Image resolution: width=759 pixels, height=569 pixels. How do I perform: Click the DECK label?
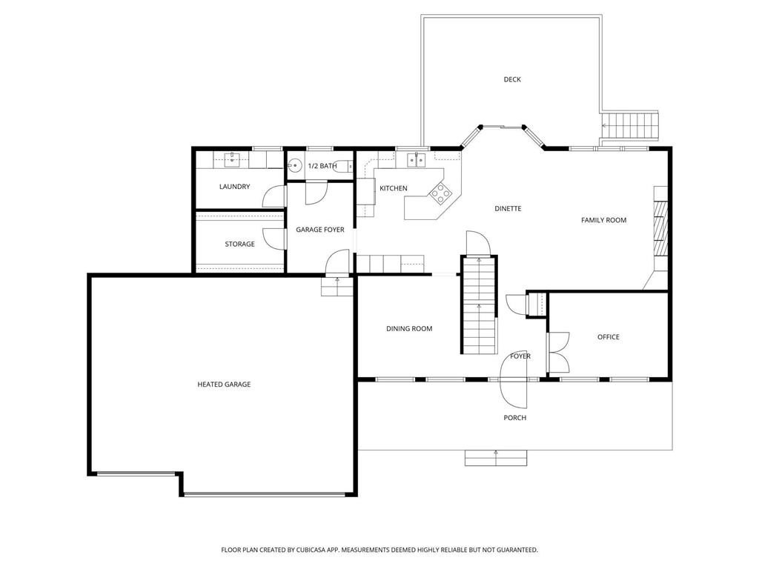[511, 79]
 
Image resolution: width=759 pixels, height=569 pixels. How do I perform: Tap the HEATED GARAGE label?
[224, 385]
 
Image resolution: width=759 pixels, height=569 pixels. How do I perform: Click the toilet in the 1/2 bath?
[295, 166]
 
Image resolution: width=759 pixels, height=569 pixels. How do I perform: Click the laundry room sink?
[232, 159]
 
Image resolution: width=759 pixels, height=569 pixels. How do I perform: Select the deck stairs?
[631, 125]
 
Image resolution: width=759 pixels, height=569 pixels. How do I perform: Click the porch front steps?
[496, 458]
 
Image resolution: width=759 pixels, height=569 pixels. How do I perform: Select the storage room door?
[274, 239]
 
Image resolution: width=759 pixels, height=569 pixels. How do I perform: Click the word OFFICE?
[608, 337]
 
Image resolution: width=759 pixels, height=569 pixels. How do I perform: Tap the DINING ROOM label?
[409, 329]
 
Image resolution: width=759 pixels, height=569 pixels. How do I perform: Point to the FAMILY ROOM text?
[603, 220]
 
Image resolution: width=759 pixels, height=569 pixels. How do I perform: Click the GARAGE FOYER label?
[320, 230]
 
